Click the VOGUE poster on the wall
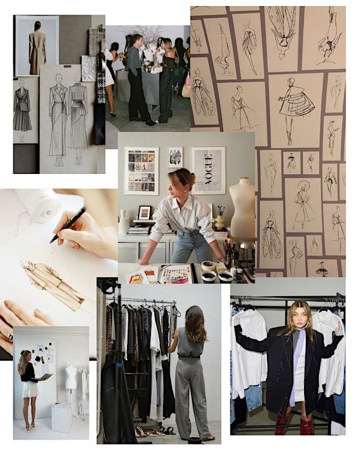pyautogui.click(x=209, y=170)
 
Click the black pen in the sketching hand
pyautogui.click(x=68, y=224)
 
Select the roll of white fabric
pyautogui.click(x=40, y=204)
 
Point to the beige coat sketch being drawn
pyautogui.click(x=53, y=285)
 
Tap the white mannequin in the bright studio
pyautogui.click(x=71, y=379)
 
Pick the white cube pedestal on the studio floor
pyautogui.click(x=61, y=418)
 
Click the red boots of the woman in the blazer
pyautogui.click(x=294, y=424)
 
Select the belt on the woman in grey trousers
pyautogui.click(x=189, y=357)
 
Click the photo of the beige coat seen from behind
pyautogui.click(x=37, y=46)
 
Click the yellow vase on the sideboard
pyautogui.click(x=220, y=223)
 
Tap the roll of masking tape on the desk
pyautogui.click(x=209, y=266)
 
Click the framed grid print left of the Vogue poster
pyautogui.click(x=141, y=171)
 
